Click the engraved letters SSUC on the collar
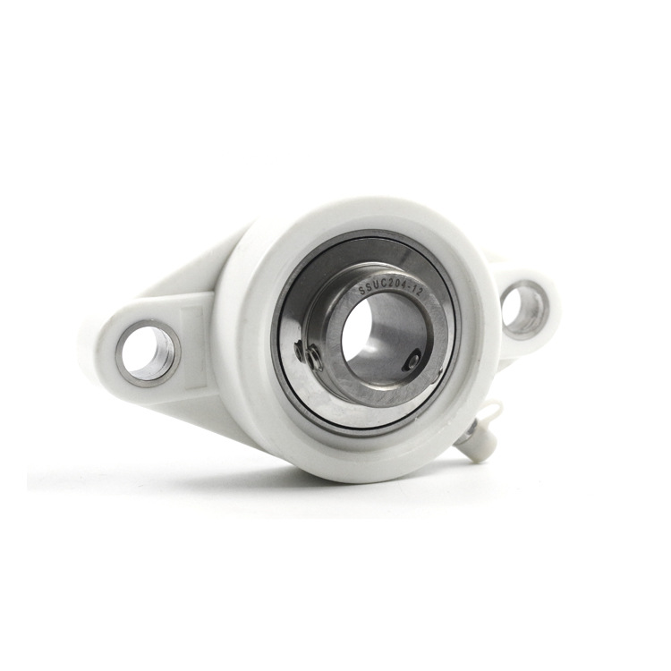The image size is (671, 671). [371, 288]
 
